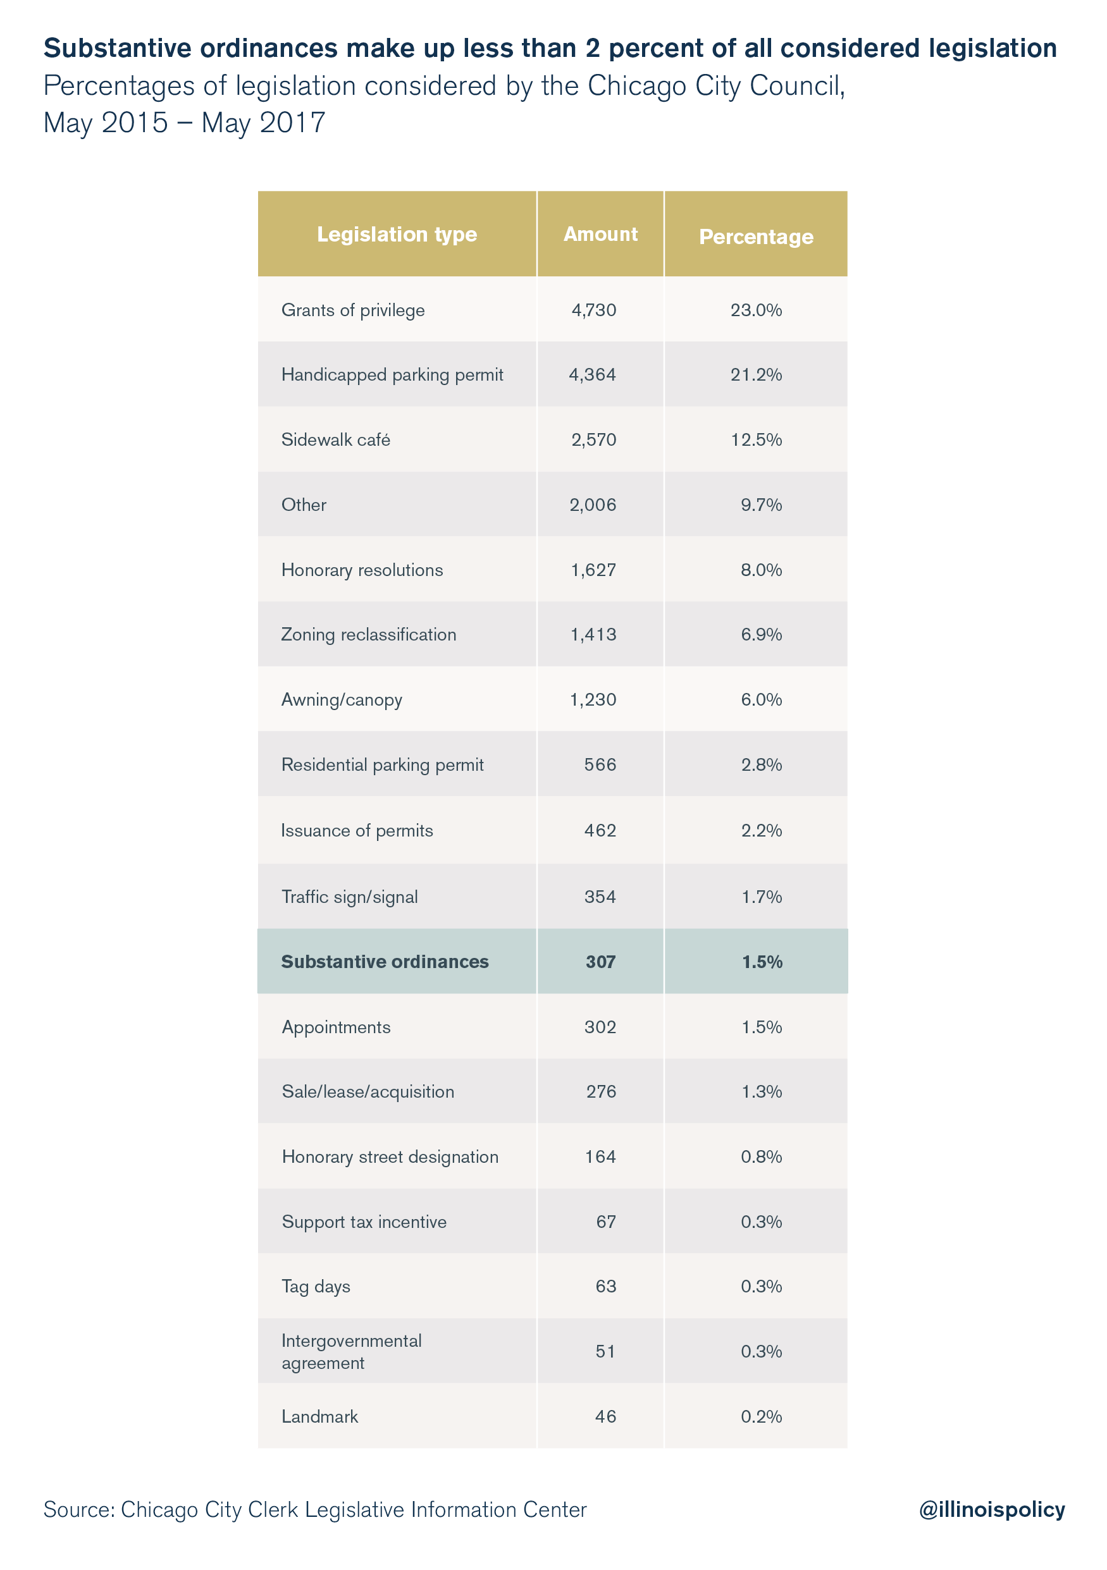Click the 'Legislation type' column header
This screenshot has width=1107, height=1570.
[397, 235]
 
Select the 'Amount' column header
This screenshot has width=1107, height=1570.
[600, 234]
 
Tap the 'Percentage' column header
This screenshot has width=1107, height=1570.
[756, 236]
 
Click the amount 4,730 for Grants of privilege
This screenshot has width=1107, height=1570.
[594, 310]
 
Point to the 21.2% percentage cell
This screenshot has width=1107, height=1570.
[756, 375]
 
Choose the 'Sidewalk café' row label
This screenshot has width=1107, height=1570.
[336, 439]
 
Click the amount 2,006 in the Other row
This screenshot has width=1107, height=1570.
[593, 505]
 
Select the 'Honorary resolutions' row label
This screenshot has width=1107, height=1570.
[362, 570]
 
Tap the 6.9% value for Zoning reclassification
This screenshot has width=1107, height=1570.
[762, 635]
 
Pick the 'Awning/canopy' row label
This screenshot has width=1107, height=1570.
[342, 700]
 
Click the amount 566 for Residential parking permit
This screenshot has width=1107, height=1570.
[600, 764]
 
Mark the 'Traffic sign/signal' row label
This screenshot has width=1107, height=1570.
[350, 897]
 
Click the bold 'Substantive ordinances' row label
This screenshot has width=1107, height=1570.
[385, 962]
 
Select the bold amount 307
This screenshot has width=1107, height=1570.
[601, 962]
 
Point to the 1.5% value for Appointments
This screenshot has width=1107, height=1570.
[762, 1027]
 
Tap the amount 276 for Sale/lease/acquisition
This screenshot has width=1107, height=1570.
[602, 1091]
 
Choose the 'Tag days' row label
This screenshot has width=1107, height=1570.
[316, 1287]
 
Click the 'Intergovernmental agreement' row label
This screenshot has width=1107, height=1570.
[352, 1352]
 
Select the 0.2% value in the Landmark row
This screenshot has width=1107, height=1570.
[762, 1416]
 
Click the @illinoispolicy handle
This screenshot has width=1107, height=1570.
[992, 1510]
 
